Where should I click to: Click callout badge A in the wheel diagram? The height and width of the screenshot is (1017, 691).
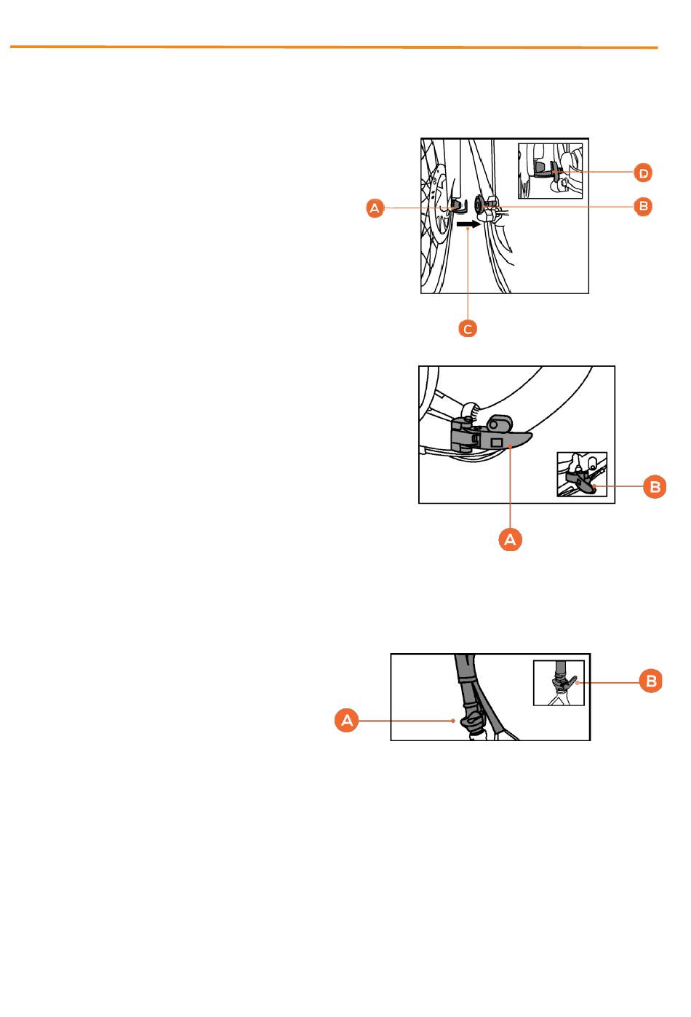pyautogui.click(x=375, y=208)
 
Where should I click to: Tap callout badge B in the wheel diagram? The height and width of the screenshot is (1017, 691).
pyautogui.click(x=643, y=207)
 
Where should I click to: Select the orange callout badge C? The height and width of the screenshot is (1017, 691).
pyautogui.click(x=468, y=329)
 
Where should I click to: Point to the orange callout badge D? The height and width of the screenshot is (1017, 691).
pyautogui.click(x=643, y=173)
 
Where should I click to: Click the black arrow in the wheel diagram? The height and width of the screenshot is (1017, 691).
pyautogui.click(x=468, y=224)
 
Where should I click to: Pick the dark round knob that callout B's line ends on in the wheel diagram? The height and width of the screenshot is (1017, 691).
pyautogui.click(x=479, y=205)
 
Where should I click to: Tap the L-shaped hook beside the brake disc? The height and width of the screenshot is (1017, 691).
pyautogui.click(x=459, y=205)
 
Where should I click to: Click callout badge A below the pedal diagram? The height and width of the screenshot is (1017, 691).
pyautogui.click(x=510, y=539)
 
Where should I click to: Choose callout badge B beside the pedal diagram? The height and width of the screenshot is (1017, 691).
pyautogui.click(x=655, y=487)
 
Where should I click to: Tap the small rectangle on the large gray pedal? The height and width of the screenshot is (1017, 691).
pyautogui.click(x=496, y=442)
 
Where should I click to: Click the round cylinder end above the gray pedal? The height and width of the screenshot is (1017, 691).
pyautogui.click(x=499, y=424)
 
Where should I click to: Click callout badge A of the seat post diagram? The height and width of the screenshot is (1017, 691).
pyautogui.click(x=347, y=720)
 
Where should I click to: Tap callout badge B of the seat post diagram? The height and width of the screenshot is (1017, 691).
pyautogui.click(x=651, y=681)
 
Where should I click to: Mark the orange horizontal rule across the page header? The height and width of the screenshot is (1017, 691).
pyautogui.click(x=334, y=47)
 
